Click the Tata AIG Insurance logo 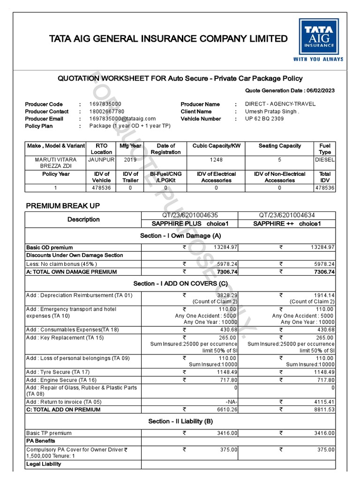[318, 40]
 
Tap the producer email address [122, 119]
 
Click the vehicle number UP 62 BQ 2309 [264, 119]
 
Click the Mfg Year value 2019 [130, 159]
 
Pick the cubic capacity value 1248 [216, 159]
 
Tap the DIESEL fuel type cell [325, 159]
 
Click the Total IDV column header [325, 177]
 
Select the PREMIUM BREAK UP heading [62, 205]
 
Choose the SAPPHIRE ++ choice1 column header [287, 224]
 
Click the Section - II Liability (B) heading [180, 421]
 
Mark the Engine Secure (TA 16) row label [61, 380]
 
